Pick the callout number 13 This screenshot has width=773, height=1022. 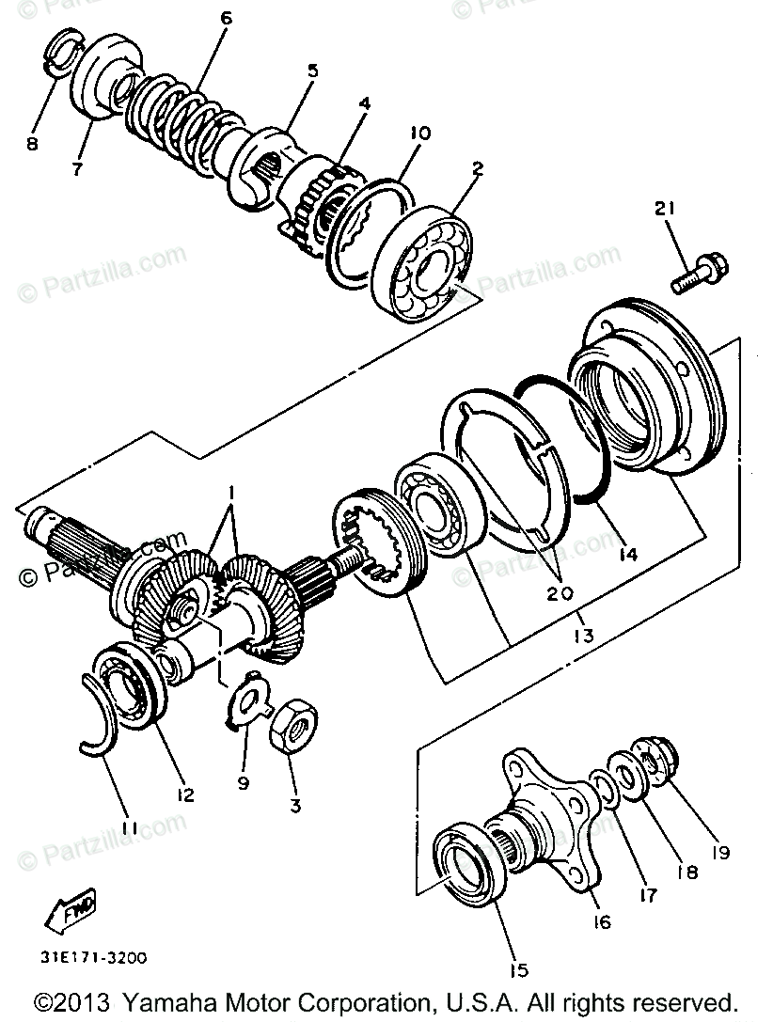[x=582, y=637]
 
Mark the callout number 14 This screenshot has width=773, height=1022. [x=626, y=554]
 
